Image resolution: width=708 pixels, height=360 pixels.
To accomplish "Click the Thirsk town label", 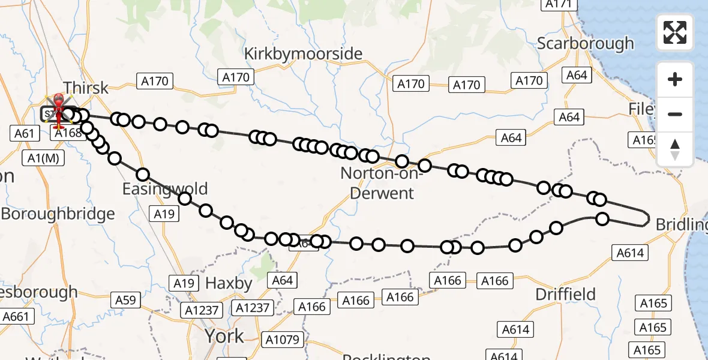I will (86, 88).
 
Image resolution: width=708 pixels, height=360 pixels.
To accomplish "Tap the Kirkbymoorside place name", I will (303, 54).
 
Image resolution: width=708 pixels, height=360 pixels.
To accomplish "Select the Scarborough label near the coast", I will (585, 43).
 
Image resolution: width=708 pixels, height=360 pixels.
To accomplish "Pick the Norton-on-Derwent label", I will (377, 183).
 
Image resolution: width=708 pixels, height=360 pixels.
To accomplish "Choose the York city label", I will (224, 335).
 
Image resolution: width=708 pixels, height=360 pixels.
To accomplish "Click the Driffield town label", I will (565, 294).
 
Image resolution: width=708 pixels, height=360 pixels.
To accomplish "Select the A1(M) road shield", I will (43, 158).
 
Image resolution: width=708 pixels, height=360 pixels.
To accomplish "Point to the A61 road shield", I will (24, 133).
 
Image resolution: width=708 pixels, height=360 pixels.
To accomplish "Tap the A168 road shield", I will (68, 133).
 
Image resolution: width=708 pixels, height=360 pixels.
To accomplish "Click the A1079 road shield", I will (282, 340).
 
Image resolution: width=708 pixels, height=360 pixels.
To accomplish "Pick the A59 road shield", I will (125, 300).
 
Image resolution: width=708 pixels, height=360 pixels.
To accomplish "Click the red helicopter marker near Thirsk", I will (59, 111).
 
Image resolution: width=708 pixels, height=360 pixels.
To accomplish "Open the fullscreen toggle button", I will (675, 32).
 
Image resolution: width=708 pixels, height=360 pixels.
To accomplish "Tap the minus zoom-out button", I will (675, 115).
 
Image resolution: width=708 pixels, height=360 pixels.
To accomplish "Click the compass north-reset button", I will (675, 149).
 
